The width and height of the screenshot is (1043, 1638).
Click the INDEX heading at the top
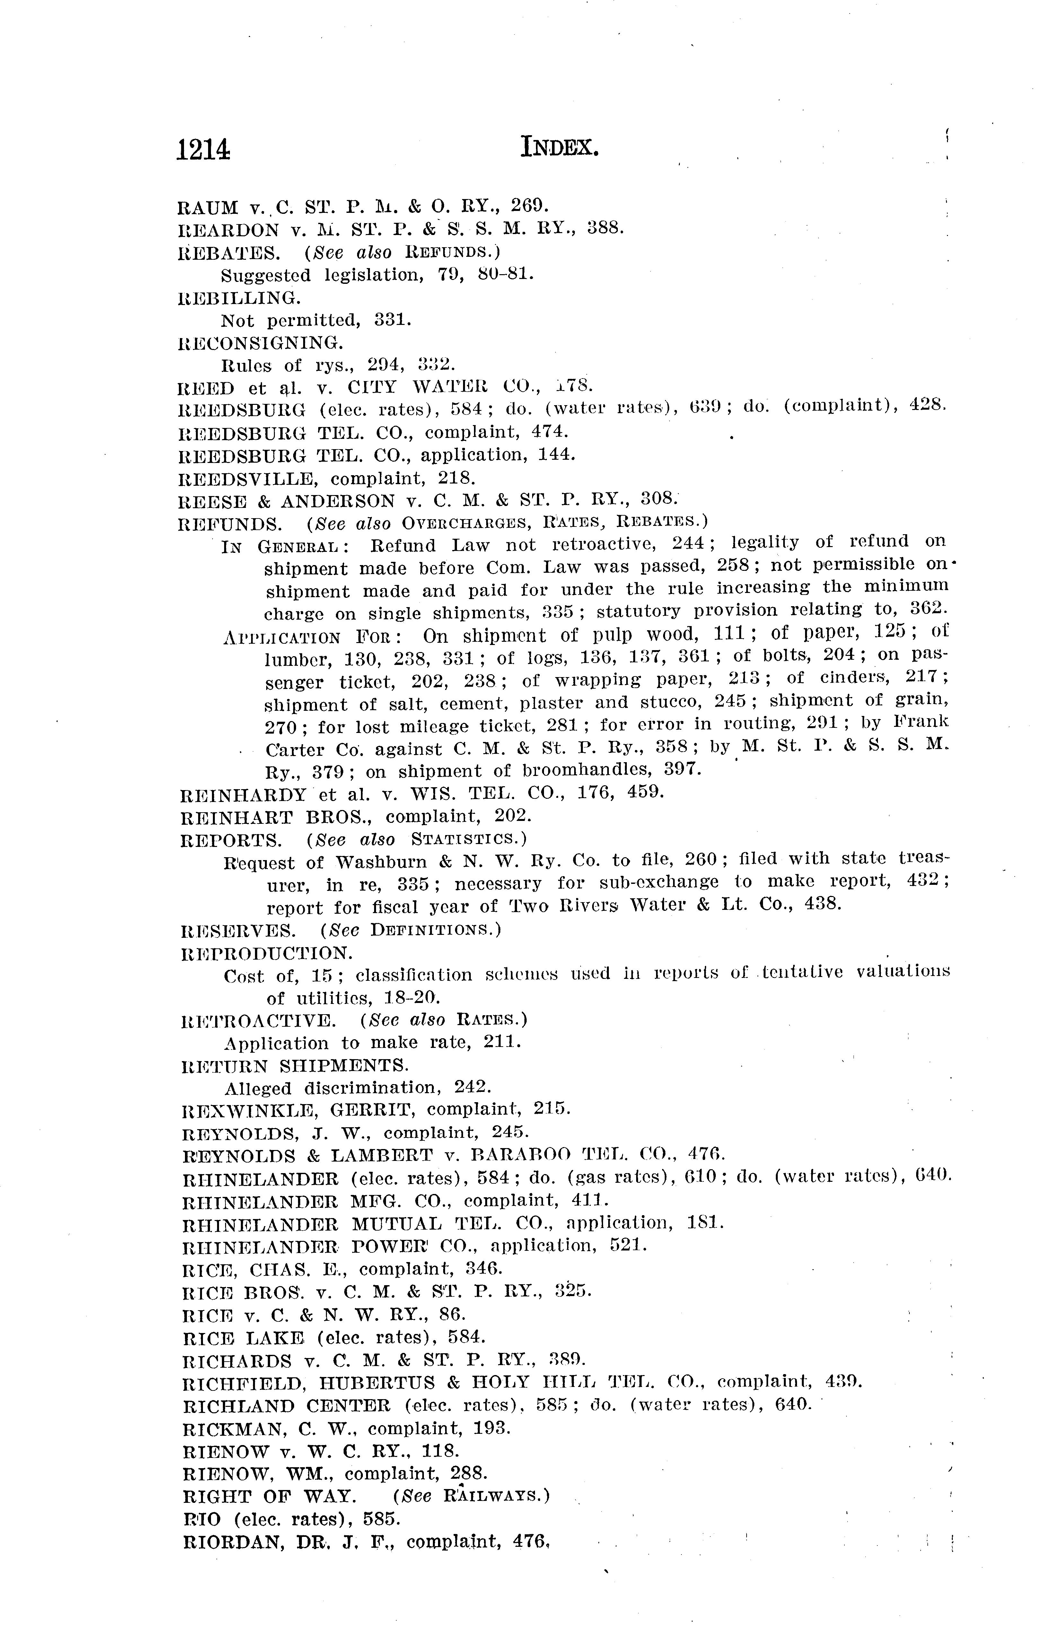pos(559,146)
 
